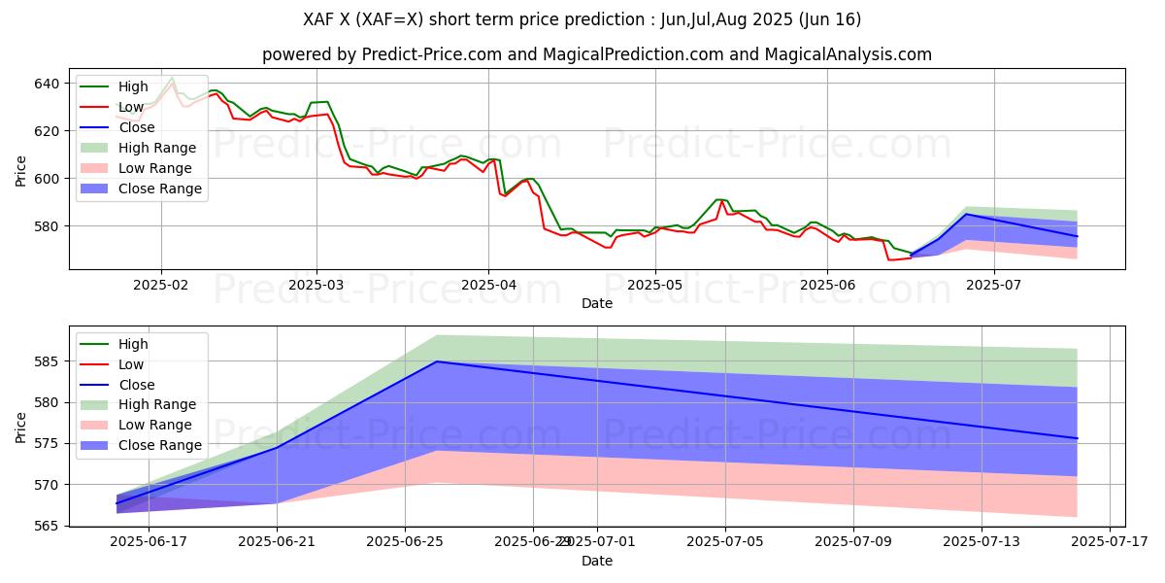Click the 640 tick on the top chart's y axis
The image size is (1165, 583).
[47, 84]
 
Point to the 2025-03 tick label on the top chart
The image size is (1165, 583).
[316, 285]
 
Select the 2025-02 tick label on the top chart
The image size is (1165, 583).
[160, 285]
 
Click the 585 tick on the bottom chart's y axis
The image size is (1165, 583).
[47, 361]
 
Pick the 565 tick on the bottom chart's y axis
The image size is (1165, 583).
[47, 526]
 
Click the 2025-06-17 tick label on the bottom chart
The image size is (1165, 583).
[149, 542]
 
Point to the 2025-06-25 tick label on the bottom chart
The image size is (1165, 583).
[405, 542]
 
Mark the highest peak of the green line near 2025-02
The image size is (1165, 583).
[172, 78]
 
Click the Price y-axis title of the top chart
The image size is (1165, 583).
[21, 170]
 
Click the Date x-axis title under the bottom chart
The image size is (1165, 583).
[596, 561]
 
